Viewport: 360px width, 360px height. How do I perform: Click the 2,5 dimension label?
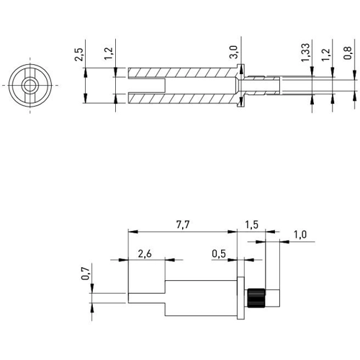[x=78, y=55]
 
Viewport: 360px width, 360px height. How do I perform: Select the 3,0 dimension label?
[x=233, y=52]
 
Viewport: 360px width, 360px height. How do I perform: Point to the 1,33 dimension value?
[x=305, y=53]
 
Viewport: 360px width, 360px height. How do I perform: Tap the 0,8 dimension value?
[x=347, y=53]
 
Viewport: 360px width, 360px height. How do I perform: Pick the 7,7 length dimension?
[x=183, y=225]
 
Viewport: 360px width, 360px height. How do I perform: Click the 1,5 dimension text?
[x=251, y=225]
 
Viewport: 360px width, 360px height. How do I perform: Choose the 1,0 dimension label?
[x=300, y=235]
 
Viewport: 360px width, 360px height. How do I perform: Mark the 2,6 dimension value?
[x=145, y=253]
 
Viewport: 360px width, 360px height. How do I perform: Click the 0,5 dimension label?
[x=219, y=253]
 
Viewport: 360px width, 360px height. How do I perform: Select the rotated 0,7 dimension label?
[x=85, y=274]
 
